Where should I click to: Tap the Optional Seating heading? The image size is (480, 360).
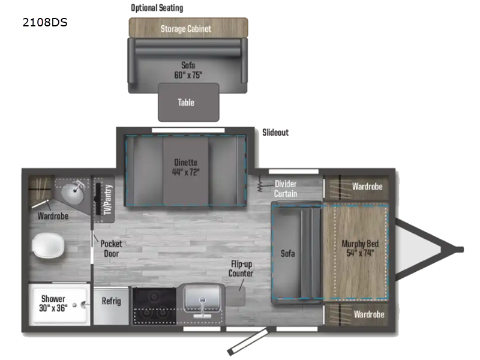157,8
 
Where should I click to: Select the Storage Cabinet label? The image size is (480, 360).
185,29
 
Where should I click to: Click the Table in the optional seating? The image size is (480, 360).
186,103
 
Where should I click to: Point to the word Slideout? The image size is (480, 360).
275,132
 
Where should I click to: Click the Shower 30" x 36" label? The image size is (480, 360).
53,303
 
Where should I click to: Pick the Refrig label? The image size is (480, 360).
112,301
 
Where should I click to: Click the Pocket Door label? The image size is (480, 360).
111,248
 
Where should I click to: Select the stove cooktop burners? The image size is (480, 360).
154,306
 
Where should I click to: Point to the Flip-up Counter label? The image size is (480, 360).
241,269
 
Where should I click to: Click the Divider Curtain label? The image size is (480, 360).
286,188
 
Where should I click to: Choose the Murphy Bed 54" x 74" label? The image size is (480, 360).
359,248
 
